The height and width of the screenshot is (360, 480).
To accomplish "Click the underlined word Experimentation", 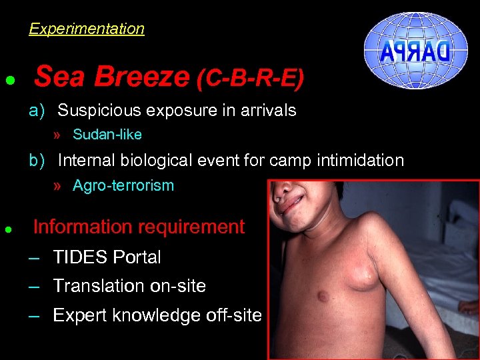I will click(87, 29).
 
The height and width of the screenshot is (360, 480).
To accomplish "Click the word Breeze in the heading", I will click(141, 77).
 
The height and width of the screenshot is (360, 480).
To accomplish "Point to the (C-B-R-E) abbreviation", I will click(250, 79).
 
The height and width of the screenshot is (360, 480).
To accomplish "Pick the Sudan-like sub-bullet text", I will click(107, 135).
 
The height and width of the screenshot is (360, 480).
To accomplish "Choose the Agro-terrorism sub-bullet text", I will click(123, 186).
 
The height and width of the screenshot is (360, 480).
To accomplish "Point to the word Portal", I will click(137, 257).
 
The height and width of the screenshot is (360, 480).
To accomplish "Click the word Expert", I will click(79, 315).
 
